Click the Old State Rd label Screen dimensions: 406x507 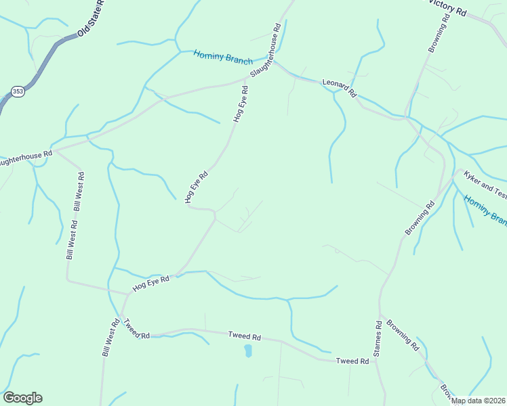92,19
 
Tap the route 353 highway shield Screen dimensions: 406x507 18,91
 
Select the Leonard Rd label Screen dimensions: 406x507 339,88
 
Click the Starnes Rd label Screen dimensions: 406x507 377,338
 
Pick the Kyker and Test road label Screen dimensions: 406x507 485,183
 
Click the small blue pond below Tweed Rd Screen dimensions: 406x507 248,351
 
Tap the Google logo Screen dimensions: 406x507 22,398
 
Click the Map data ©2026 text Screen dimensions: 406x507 479,401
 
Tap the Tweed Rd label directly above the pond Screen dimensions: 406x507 245,336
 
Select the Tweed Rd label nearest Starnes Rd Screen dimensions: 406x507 352,361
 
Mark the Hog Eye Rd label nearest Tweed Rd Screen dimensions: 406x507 150,284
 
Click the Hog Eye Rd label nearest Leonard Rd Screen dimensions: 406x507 241,104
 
